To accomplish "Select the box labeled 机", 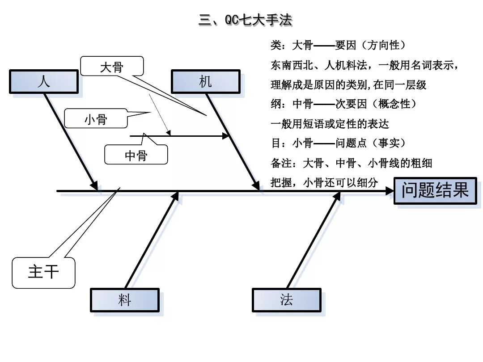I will click(205, 82).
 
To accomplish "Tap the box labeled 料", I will click(124, 300).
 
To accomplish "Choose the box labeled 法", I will click(286, 300).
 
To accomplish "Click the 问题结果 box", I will click(435, 191).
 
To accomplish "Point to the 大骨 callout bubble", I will click(112, 67).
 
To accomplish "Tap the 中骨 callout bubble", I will click(136, 155).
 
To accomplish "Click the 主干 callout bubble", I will click(43, 272).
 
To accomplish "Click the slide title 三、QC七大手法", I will click(245, 20).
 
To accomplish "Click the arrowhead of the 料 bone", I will click(175, 197).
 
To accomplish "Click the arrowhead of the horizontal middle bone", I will click(226, 136).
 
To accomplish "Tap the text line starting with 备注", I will click(351, 163).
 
